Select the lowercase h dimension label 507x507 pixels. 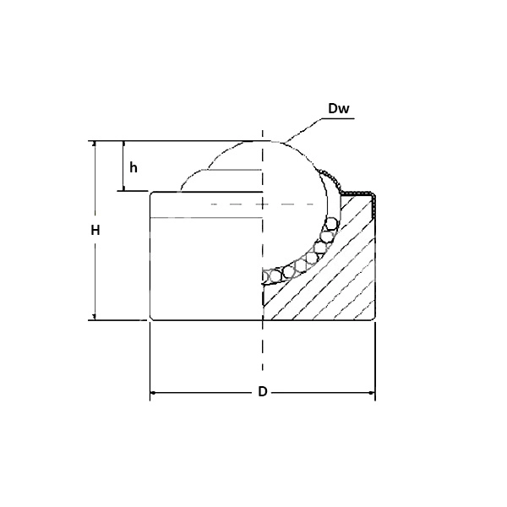[134, 166]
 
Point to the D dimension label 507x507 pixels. [263, 392]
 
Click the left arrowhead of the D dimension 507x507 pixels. [155, 393]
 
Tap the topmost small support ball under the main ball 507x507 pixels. [332, 224]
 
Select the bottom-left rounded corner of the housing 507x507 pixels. [152, 318]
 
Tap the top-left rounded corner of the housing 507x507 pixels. [152, 194]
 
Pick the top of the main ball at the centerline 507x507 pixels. [263, 140]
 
